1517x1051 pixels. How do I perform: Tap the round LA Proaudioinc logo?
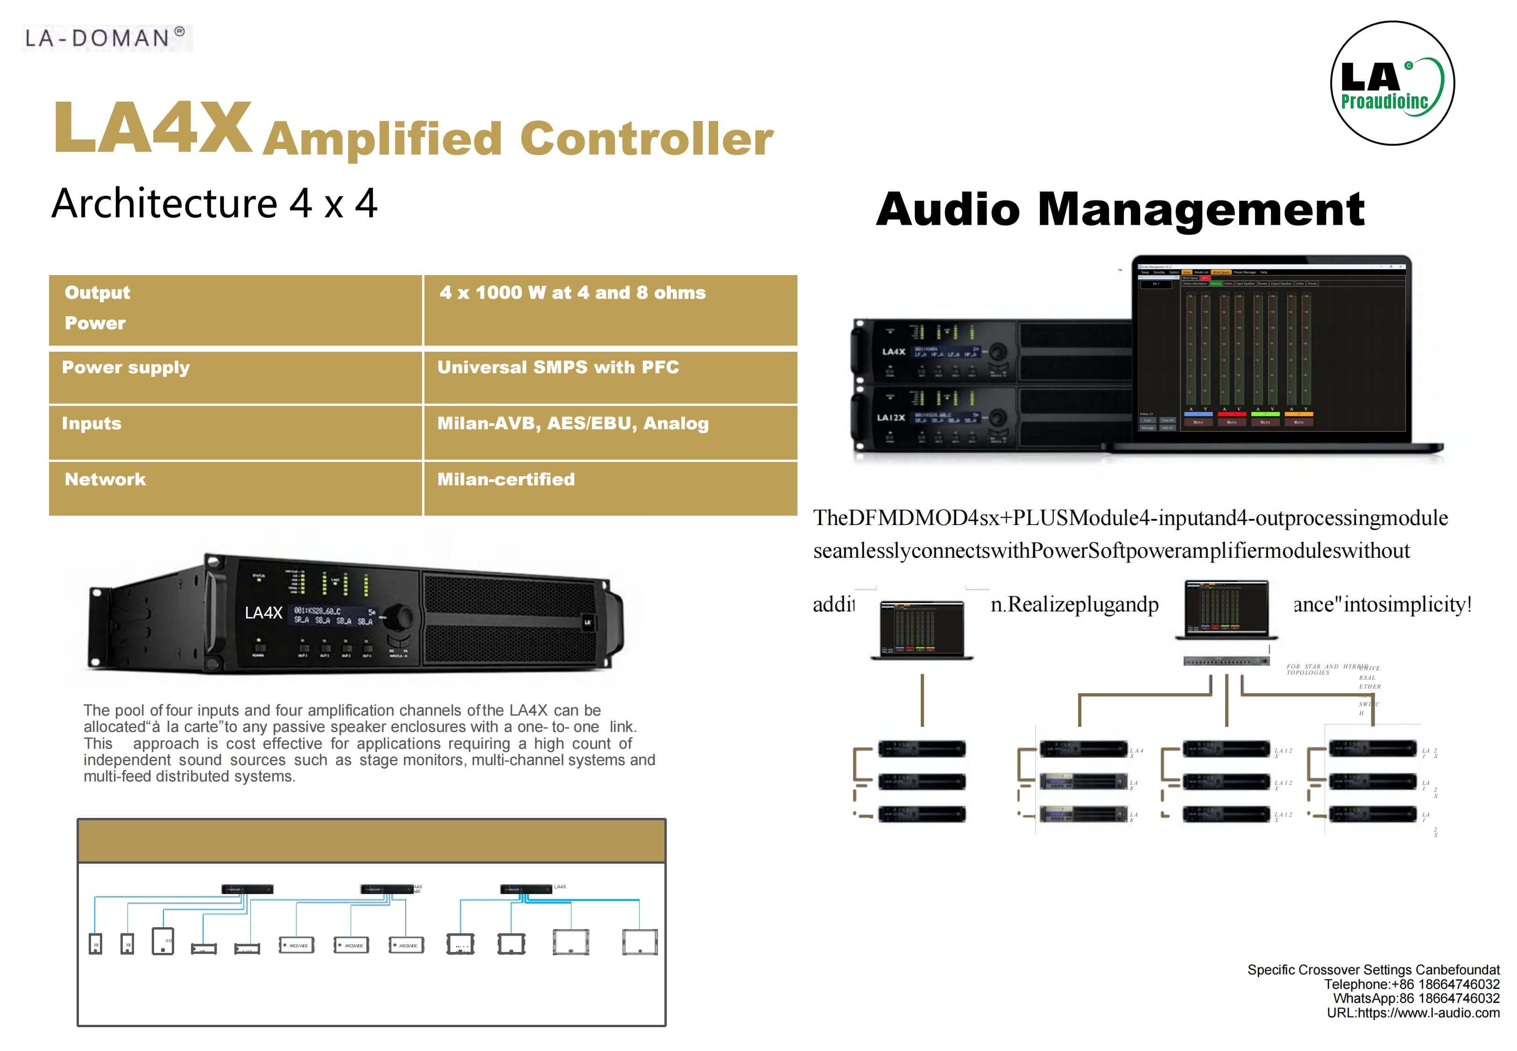[x=1392, y=84]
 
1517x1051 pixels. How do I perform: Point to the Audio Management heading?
[x=1120, y=209]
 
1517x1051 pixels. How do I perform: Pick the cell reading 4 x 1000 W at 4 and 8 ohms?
[x=572, y=293]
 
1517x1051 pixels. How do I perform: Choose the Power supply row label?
[x=126, y=368]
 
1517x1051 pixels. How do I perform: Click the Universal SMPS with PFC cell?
[x=558, y=368]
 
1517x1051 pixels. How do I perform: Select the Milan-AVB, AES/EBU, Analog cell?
[x=572, y=423]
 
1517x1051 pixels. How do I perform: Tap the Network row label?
[x=106, y=479]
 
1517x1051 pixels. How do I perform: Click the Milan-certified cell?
[x=506, y=479]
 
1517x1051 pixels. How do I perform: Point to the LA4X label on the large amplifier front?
[x=263, y=613]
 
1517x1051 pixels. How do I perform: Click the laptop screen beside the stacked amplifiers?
[x=1270, y=349]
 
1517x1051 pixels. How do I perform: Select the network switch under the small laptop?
[x=1226, y=660]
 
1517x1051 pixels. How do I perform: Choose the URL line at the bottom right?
[x=1413, y=1013]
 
